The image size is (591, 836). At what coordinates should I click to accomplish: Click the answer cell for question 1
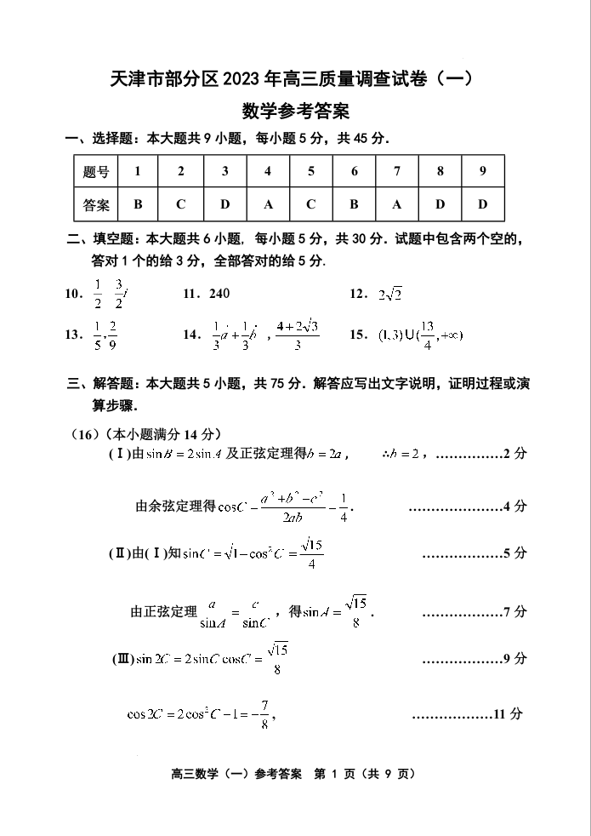click(138, 204)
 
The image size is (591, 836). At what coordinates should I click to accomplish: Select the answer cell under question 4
click(268, 204)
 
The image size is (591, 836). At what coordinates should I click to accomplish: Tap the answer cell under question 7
click(397, 204)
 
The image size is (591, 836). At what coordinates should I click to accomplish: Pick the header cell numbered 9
click(483, 171)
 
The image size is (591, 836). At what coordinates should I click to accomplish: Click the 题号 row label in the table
click(96, 171)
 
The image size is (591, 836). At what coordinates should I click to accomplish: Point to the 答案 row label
click(96, 204)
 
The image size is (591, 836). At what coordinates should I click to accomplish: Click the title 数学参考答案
click(295, 111)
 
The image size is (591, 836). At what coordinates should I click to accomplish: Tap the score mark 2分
click(514, 453)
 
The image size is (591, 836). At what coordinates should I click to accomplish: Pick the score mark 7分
click(514, 611)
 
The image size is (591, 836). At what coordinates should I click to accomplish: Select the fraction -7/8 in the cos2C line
click(265, 714)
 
